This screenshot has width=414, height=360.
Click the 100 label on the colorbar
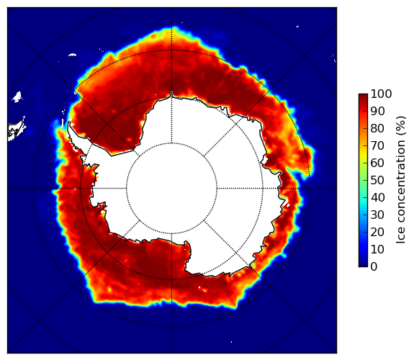tap(381, 94)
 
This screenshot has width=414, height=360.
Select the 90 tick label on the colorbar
tap(377, 111)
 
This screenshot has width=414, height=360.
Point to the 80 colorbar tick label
tap(377, 128)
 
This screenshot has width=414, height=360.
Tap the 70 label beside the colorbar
tap(377, 145)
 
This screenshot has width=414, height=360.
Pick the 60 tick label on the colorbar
tap(377, 163)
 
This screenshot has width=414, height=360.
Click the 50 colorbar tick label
tap(377, 180)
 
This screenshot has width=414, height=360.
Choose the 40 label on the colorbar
tap(377, 197)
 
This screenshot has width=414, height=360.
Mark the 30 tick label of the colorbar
tap(377, 215)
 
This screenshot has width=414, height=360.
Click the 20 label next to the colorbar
tap(377, 232)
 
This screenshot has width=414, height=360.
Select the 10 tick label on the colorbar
tap(377, 249)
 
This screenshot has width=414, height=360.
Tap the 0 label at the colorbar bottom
tap(374, 266)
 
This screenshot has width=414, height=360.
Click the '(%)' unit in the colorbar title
tap(401, 126)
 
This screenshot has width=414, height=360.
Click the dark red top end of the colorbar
tap(363, 96)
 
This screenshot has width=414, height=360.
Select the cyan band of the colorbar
tap(363, 202)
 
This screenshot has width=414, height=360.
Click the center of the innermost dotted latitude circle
tap(171, 189)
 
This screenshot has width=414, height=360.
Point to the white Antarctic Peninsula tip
tap(69, 124)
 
